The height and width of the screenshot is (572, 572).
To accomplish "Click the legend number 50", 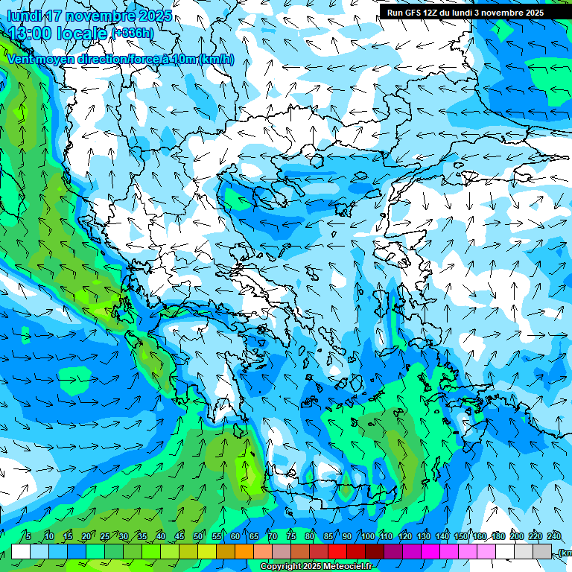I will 198,536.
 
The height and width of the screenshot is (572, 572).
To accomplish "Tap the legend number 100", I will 368,536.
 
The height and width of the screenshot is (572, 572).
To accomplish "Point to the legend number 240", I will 554,536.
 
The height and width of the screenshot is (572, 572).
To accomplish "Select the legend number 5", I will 28,536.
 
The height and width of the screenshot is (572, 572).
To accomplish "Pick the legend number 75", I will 290,536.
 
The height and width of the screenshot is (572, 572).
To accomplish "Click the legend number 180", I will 497,536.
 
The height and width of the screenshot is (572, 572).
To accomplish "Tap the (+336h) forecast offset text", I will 133,34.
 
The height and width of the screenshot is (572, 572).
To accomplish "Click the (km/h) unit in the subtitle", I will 217,60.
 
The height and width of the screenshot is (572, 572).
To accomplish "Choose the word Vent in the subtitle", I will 22,60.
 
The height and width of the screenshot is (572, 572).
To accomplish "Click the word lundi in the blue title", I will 22,16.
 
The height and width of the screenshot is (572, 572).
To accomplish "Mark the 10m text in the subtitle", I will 184,60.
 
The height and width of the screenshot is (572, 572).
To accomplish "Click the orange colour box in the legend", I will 244,551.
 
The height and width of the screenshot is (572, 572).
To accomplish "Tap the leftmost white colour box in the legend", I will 21,551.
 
